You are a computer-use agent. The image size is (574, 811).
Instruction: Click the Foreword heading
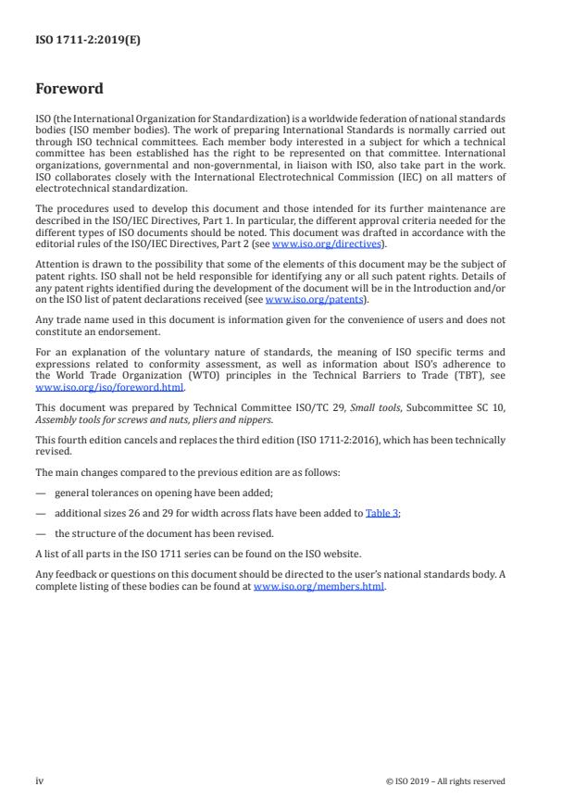click(69, 89)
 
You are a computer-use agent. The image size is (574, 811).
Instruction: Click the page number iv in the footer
click(40, 780)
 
